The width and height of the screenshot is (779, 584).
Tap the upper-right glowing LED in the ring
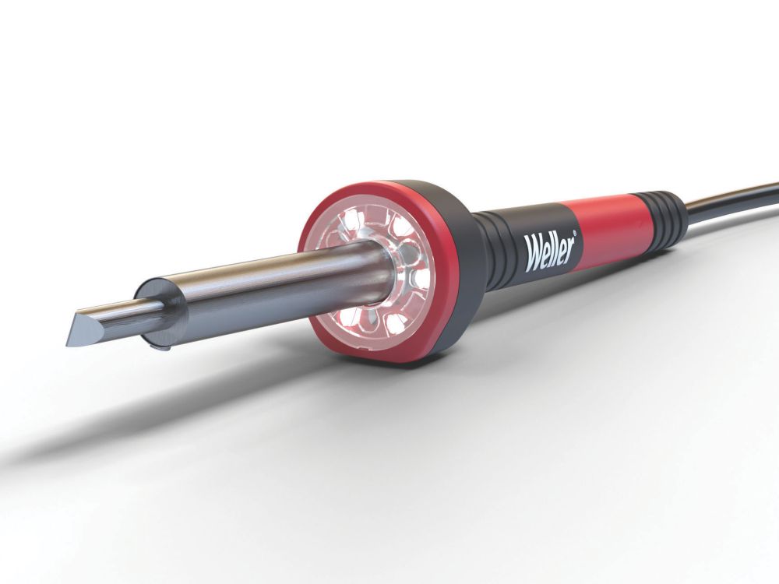(401, 227)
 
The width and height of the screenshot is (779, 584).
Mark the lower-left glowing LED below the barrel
(345, 316)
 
